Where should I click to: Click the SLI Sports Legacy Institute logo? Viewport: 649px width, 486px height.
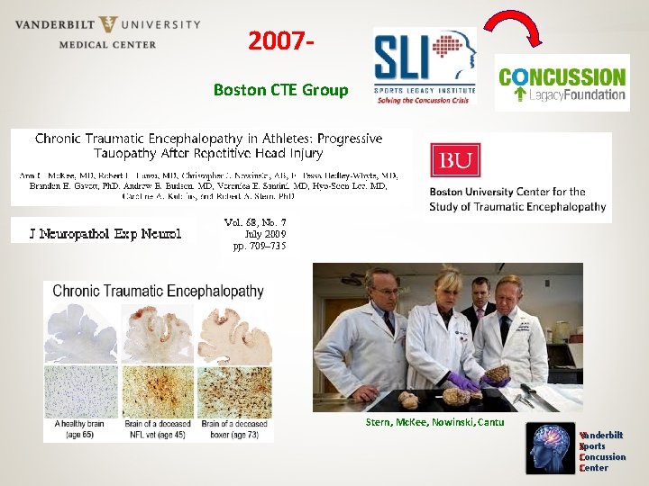click(x=424, y=66)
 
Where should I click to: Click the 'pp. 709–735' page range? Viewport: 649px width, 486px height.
click(x=259, y=245)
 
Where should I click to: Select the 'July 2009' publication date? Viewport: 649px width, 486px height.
click(x=258, y=233)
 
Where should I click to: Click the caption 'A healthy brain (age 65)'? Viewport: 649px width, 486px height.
click(x=81, y=428)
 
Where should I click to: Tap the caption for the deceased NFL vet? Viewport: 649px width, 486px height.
click(x=159, y=428)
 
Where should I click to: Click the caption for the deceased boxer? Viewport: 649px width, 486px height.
click(x=234, y=428)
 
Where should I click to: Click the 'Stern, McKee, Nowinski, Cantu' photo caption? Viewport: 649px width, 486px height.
click(x=434, y=422)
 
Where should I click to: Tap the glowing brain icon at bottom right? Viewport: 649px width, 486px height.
click(x=552, y=449)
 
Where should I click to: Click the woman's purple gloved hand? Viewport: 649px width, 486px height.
click(x=466, y=382)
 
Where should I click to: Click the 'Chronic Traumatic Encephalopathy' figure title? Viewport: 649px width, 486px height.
click(x=158, y=291)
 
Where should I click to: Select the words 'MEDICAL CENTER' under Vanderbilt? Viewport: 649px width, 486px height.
click(x=107, y=44)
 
